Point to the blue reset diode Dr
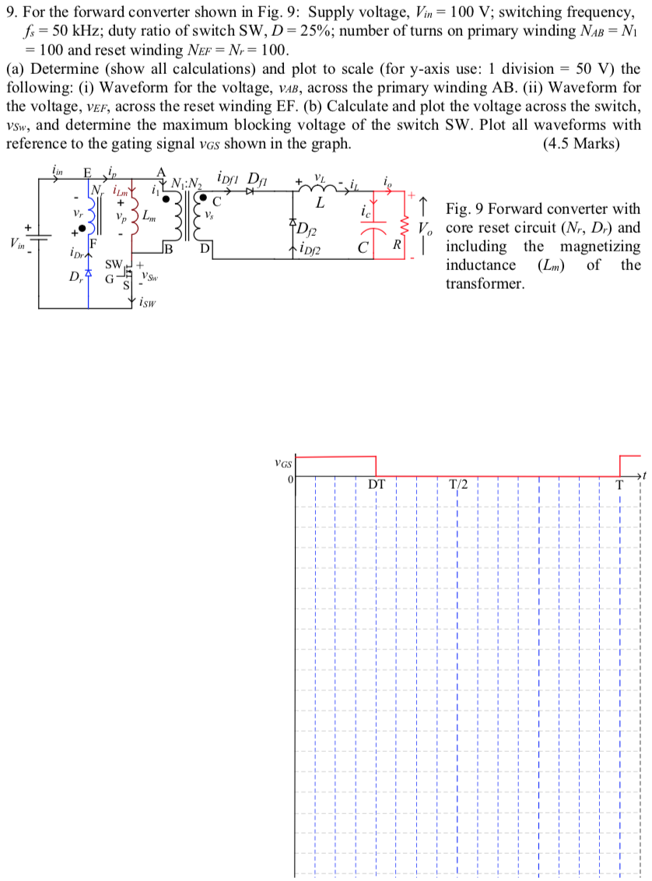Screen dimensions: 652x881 coord(89,275)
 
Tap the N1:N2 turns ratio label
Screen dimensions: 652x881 coord(187,185)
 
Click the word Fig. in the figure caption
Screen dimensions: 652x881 coord(458,209)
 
